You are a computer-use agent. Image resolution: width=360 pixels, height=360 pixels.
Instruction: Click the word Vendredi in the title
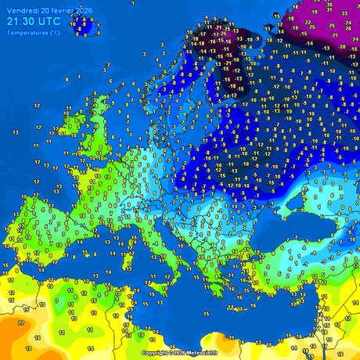click(x=22, y=9)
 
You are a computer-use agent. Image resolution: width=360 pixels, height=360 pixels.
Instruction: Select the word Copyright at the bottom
click(x=154, y=353)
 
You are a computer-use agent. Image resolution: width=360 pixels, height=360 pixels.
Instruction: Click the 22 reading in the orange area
click(x=20, y=322)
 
